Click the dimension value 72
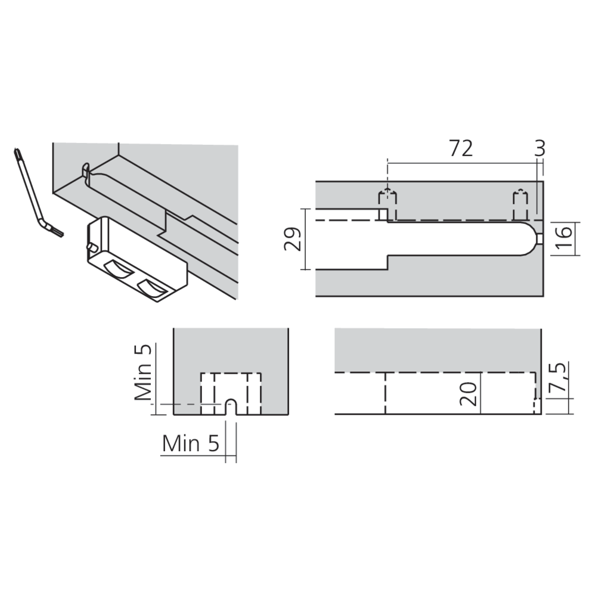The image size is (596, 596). [461, 148]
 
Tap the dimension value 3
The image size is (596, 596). [540, 148]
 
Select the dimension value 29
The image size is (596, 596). [293, 239]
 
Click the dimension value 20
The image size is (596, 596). [468, 393]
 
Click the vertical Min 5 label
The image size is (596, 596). [143, 372]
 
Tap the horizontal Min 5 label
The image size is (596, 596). [191, 443]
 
